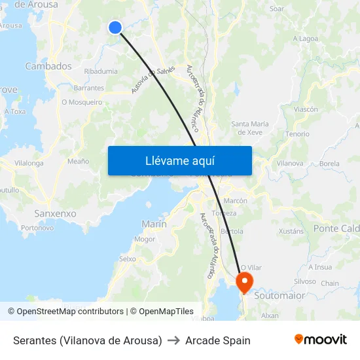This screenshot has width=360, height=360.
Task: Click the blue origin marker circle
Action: (x=115, y=27)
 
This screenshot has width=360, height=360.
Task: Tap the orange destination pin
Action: (x=244, y=283)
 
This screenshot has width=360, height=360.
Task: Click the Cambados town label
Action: (x=48, y=66)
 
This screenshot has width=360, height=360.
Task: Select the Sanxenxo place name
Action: (x=55, y=213)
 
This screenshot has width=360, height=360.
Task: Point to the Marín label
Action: (x=154, y=224)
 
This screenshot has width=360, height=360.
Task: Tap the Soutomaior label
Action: (x=279, y=295)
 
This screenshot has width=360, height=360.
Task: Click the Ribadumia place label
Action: (x=101, y=71)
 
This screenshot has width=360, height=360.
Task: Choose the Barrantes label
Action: (x=89, y=88)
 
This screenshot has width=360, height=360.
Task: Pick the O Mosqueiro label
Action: (x=82, y=102)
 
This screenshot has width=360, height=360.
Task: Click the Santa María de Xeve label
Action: (x=250, y=128)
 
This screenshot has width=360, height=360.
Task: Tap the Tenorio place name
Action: (x=297, y=134)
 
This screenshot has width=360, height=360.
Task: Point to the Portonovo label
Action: (x=37, y=228)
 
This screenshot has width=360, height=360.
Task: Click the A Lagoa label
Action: (x=305, y=39)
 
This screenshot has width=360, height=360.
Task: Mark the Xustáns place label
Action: (x=291, y=231)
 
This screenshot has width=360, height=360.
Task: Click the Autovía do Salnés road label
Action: (x=147, y=81)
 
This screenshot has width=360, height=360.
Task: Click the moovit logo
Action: (x=320, y=340)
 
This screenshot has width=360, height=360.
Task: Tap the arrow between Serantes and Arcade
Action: (x=173, y=340)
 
